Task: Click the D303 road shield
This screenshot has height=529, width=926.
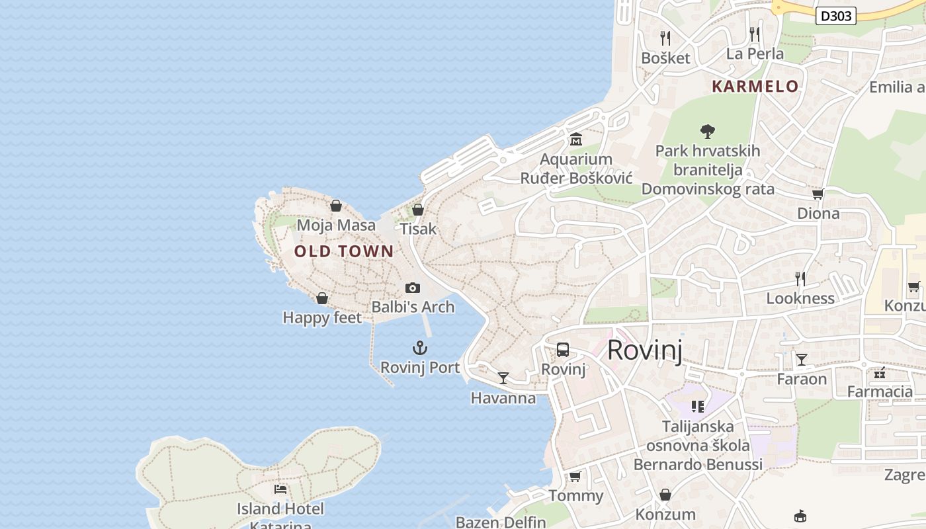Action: (x=836, y=16)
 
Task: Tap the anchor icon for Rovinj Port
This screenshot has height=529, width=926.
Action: (x=420, y=348)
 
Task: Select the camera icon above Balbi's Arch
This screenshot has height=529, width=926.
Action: (x=413, y=288)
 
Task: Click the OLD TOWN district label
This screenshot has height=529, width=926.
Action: (x=344, y=251)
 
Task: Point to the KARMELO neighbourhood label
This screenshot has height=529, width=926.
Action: (x=755, y=86)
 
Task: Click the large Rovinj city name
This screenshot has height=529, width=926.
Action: (x=644, y=349)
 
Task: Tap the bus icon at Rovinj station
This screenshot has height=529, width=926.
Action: (x=563, y=350)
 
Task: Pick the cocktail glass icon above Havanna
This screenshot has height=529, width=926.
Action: (x=503, y=378)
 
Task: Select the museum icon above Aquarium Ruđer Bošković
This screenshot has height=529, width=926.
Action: (x=576, y=140)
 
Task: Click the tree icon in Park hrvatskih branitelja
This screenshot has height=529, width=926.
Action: (x=708, y=131)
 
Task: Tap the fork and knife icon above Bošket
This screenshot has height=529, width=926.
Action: (x=665, y=38)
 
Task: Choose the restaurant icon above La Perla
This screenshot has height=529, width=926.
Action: (x=755, y=34)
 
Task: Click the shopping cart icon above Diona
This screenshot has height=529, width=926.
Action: (x=818, y=194)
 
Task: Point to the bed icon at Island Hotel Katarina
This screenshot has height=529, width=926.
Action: (x=280, y=489)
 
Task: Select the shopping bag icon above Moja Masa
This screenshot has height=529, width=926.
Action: (x=336, y=206)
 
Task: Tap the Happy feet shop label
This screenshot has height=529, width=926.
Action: (x=322, y=318)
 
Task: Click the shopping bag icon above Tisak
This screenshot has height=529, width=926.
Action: (x=418, y=210)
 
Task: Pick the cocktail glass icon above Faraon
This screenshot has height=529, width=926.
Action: (x=802, y=360)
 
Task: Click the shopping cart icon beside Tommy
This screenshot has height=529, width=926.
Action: (x=575, y=476)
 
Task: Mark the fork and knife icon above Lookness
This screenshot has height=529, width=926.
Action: (x=800, y=278)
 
